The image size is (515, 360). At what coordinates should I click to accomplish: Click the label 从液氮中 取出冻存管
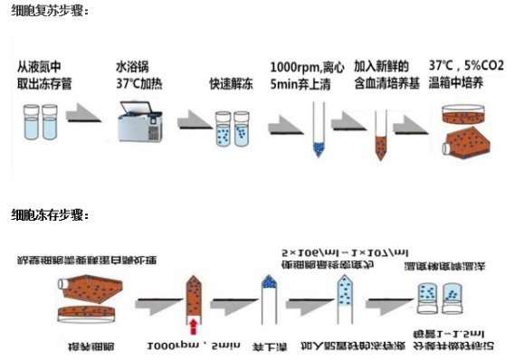click(x=45, y=74)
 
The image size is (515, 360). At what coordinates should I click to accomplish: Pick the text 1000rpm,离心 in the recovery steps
click(x=309, y=67)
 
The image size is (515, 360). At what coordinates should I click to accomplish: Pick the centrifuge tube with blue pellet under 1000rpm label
click(x=316, y=127)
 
